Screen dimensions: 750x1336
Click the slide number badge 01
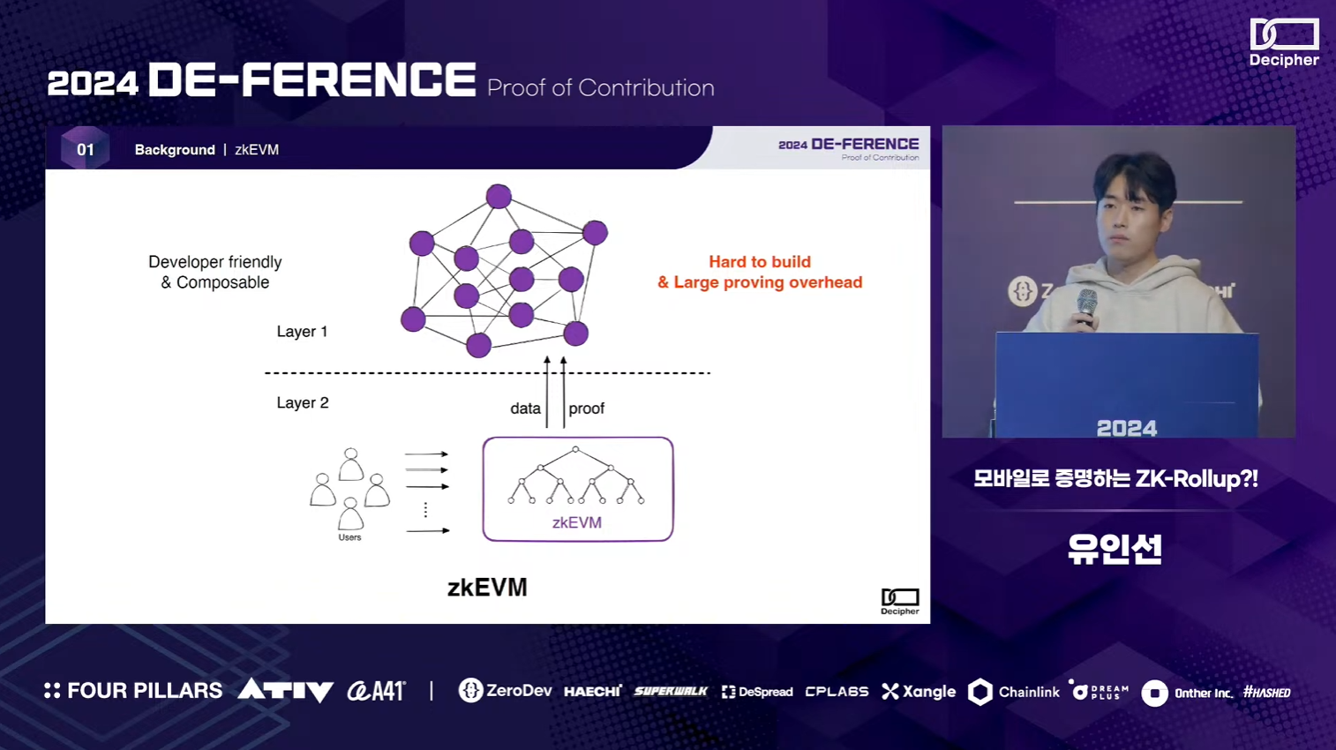[x=85, y=149]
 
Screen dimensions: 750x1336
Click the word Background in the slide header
[x=175, y=150]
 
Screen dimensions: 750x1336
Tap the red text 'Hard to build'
[x=759, y=262]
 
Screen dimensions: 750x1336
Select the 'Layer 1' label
[x=302, y=332]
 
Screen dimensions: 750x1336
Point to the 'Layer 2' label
[x=303, y=403]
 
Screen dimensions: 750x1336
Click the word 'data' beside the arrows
[x=525, y=409]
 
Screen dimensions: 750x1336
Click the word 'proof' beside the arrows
[x=586, y=409]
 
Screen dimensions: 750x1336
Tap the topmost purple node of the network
[x=499, y=196]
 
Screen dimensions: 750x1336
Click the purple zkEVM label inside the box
[x=577, y=522]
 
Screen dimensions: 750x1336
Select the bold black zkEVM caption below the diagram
[x=487, y=588]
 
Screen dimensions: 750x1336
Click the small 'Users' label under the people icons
[x=349, y=537]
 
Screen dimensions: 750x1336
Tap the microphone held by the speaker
[x=1087, y=304]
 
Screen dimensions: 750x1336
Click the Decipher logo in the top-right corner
[x=1284, y=42]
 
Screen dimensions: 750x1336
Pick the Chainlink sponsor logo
[x=1014, y=692]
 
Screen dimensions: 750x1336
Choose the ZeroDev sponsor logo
[x=506, y=691]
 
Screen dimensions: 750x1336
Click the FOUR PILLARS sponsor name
[x=134, y=691]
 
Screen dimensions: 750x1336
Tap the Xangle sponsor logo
[x=919, y=692]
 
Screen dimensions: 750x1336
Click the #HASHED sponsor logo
[x=1266, y=693]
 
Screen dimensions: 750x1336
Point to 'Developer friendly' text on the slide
[x=215, y=262]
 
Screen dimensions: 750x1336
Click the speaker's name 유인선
[x=1115, y=549]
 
